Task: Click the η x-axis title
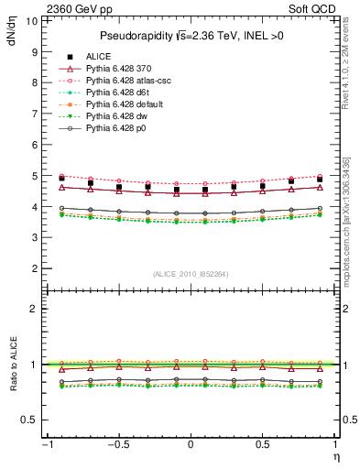click(x=335, y=456)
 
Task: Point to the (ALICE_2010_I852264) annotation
click(x=190, y=273)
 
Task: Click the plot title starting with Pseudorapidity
click(x=190, y=36)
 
